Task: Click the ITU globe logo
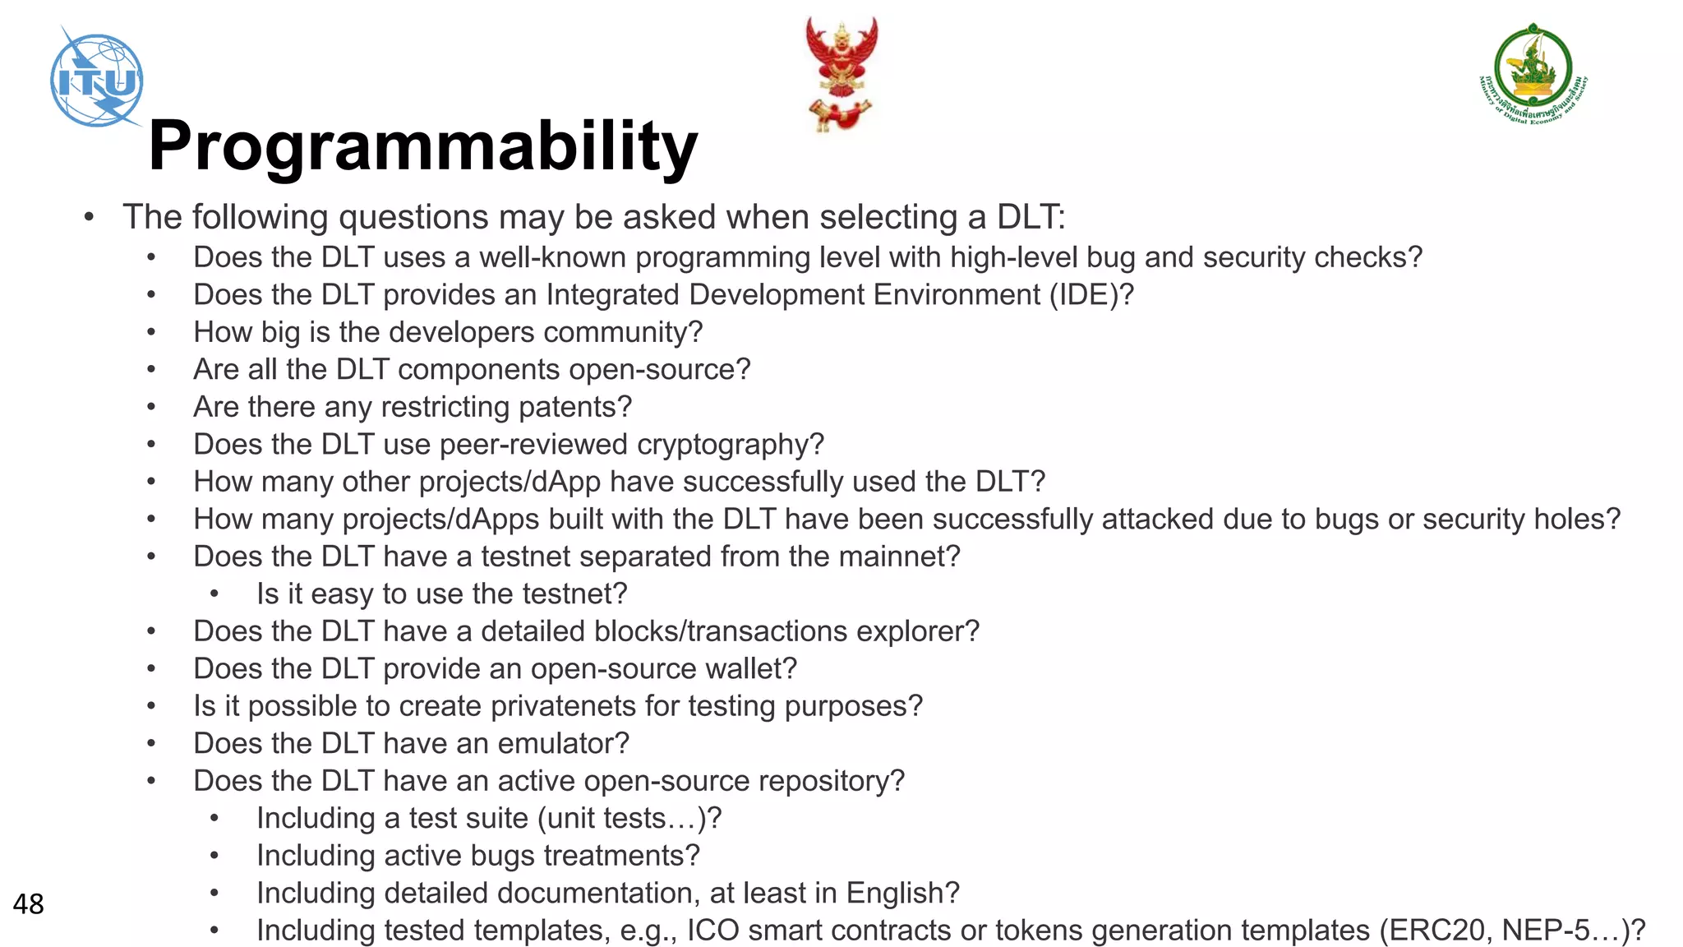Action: [x=97, y=80]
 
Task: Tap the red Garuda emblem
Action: [x=841, y=72]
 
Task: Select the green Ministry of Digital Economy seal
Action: [x=1533, y=74]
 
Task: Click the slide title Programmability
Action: [x=422, y=146]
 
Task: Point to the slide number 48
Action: [x=28, y=904]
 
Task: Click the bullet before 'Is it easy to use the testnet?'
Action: [x=214, y=594]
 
